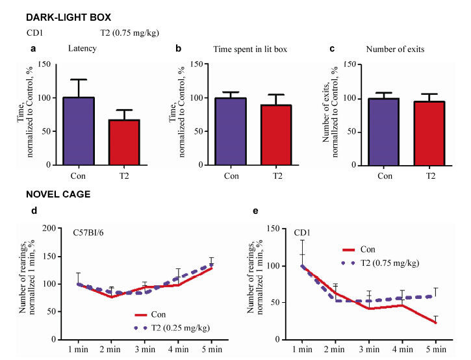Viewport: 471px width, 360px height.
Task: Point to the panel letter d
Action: tap(34, 211)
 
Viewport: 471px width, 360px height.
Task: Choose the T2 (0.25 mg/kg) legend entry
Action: tap(172, 328)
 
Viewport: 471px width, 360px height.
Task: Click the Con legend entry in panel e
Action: tap(368, 249)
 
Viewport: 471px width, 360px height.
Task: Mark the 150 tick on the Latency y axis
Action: tap(44, 64)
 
